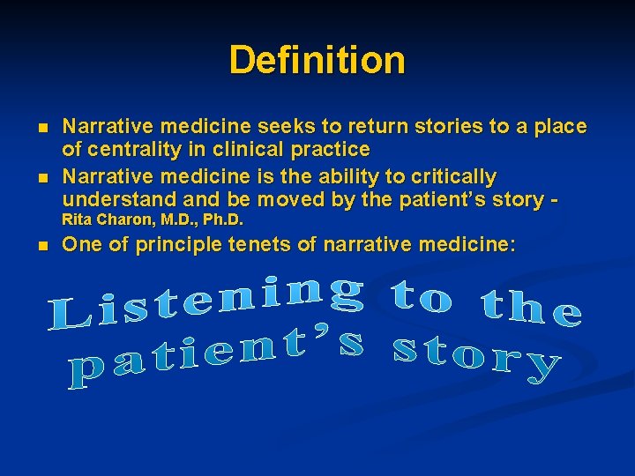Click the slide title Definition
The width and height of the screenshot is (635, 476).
point(317,60)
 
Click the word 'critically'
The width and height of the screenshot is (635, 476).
point(446,176)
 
